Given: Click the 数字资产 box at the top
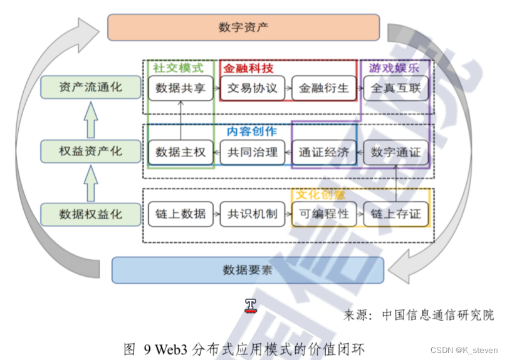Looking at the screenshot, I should [x=244, y=27].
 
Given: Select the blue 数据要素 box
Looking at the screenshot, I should [x=248, y=270].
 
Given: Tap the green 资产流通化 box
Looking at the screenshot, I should [x=91, y=88].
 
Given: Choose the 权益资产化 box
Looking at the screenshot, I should [x=91, y=151].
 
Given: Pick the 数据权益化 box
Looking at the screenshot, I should [x=91, y=214].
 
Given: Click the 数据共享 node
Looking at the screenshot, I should [x=180, y=88].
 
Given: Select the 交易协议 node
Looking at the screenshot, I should [x=252, y=88].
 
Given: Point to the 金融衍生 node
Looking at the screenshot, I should [x=323, y=88].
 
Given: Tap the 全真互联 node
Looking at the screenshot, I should [x=395, y=88].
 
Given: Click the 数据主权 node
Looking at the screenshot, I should [x=180, y=152].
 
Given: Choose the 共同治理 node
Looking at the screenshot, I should [x=252, y=152].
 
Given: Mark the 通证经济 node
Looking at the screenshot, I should [x=323, y=152].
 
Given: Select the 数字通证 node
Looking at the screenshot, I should [x=395, y=152].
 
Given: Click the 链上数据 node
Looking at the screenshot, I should [x=180, y=214].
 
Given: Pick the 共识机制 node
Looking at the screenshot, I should [x=252, y=214].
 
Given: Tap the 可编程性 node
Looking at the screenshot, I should [x=323, y=214].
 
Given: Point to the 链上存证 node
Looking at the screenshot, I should [x=395, y=214].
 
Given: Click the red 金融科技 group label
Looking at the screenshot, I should [x=248, y=68].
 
